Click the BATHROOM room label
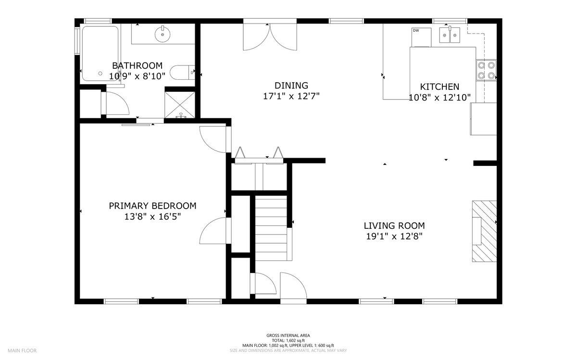click(138, 66)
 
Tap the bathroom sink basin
click(163, 34)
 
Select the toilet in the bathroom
click(182, 73)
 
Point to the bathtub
click(100, 53)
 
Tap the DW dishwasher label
click(416, 30)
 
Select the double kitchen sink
click(450, 35)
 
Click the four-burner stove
click(486, 70)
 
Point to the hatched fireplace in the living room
click(484, 231)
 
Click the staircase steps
click(271, 228)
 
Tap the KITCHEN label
click(439, 87)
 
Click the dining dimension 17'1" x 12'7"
click(291, 96)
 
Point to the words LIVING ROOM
click(394, 226)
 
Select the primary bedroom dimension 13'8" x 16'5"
click(152, 217)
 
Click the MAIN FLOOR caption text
click(22, 350)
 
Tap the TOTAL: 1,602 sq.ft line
click(288, 340)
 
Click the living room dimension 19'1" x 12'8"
click(394, 236)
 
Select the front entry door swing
click(294, 286)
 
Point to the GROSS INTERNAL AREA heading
click(288, 335)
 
